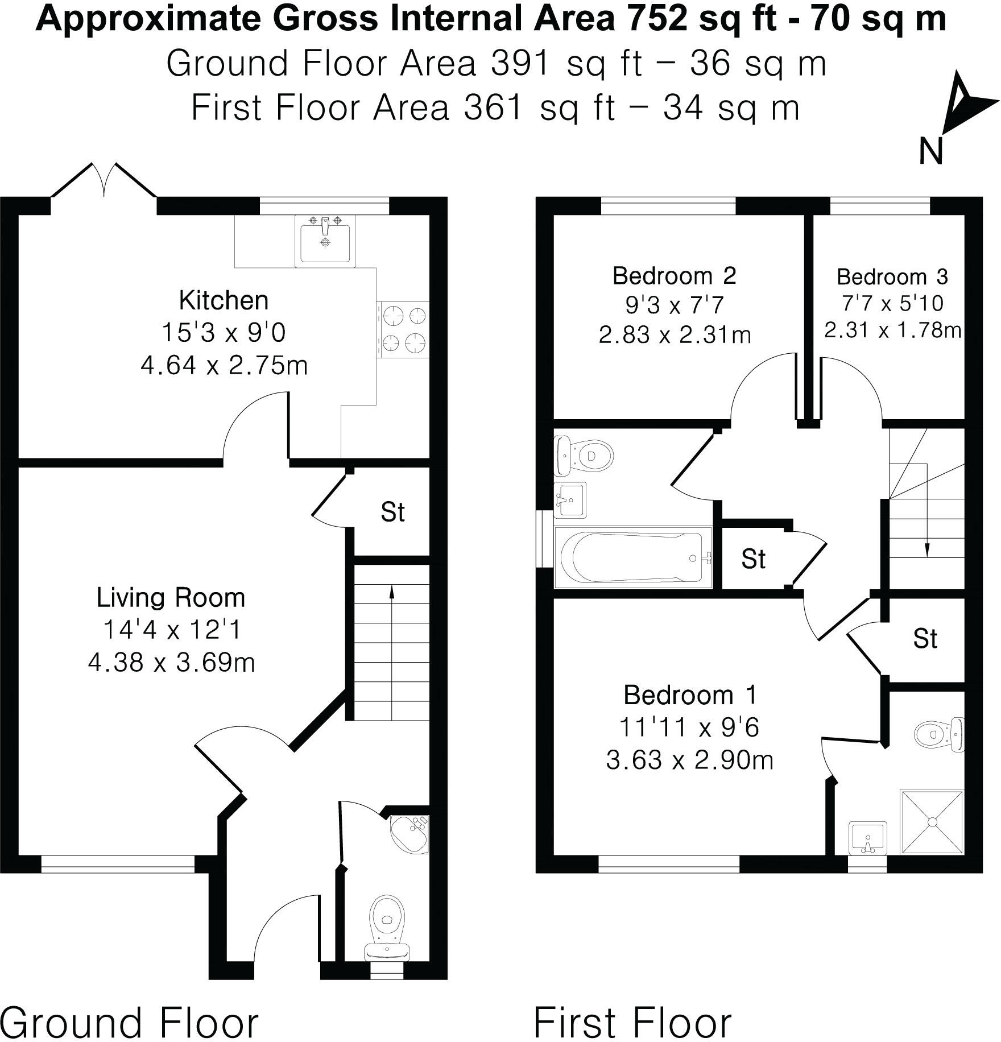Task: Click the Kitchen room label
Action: (224, 300)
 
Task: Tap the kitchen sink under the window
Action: (325, 241)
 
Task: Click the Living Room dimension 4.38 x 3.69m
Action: (171, 663)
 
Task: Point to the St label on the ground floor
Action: (392, 512)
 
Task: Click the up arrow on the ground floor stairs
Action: (391, 592)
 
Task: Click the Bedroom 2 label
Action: (674, 276)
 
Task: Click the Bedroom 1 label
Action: (690, 695)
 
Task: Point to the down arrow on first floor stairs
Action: (927, 549)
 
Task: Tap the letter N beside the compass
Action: (931, 152)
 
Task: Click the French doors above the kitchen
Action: (104, 181)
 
